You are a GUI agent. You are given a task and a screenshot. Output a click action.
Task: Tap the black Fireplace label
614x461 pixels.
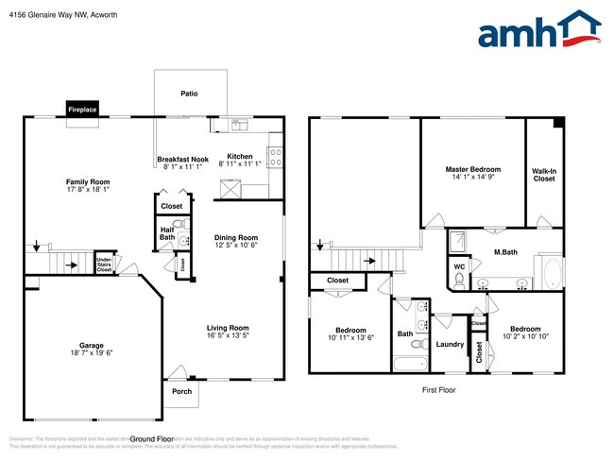(81, 110)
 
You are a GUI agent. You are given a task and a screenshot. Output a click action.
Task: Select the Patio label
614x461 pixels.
(189, 94)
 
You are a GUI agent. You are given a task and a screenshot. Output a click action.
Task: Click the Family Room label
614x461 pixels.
(88, 181)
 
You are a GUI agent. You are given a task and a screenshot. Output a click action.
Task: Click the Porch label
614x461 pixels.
(180, 391)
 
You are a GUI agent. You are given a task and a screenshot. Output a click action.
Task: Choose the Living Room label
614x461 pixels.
(230, 328)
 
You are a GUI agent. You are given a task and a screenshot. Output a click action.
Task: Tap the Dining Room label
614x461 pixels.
(235, 237)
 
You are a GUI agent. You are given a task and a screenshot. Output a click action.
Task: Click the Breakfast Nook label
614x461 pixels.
(182, 158)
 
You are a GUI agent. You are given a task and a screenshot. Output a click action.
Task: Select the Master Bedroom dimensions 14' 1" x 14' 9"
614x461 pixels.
(472, 177)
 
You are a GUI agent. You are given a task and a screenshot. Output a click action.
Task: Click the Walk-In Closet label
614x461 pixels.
(544, 175)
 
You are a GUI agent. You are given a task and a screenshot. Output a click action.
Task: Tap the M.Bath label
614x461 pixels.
(503, 252)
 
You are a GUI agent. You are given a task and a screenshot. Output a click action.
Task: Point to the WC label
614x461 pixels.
(459, 266)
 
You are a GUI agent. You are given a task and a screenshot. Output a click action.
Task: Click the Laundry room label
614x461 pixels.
(450, 344)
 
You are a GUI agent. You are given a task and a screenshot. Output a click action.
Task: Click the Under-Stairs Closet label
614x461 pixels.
(104, 265)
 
